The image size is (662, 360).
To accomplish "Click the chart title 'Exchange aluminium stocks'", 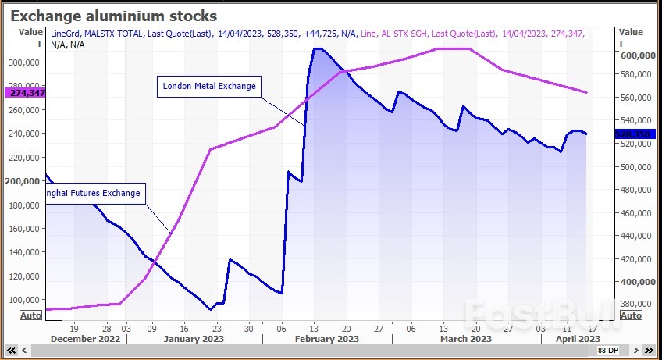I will [113, 16].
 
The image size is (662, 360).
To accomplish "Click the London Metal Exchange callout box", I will [208, 86].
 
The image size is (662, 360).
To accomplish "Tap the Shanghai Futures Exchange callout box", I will [94, 193].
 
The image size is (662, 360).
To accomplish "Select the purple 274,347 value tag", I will [25, 92].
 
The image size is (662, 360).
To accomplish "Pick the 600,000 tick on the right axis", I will [637, 55].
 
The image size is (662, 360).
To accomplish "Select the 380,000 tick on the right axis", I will [637, 305].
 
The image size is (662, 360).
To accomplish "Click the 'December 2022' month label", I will [86, 339].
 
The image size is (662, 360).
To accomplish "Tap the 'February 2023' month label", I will [326, 339].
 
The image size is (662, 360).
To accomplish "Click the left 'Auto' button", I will [30, 315].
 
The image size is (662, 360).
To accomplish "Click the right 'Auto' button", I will [631, 315].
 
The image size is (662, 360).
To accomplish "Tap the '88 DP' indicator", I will [607, 351].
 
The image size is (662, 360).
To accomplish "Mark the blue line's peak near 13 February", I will [317, 48].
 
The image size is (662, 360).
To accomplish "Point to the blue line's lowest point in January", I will [210, 310].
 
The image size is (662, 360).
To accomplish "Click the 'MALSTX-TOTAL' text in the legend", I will [116, 34].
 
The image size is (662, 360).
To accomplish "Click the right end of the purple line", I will [587, 93].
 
